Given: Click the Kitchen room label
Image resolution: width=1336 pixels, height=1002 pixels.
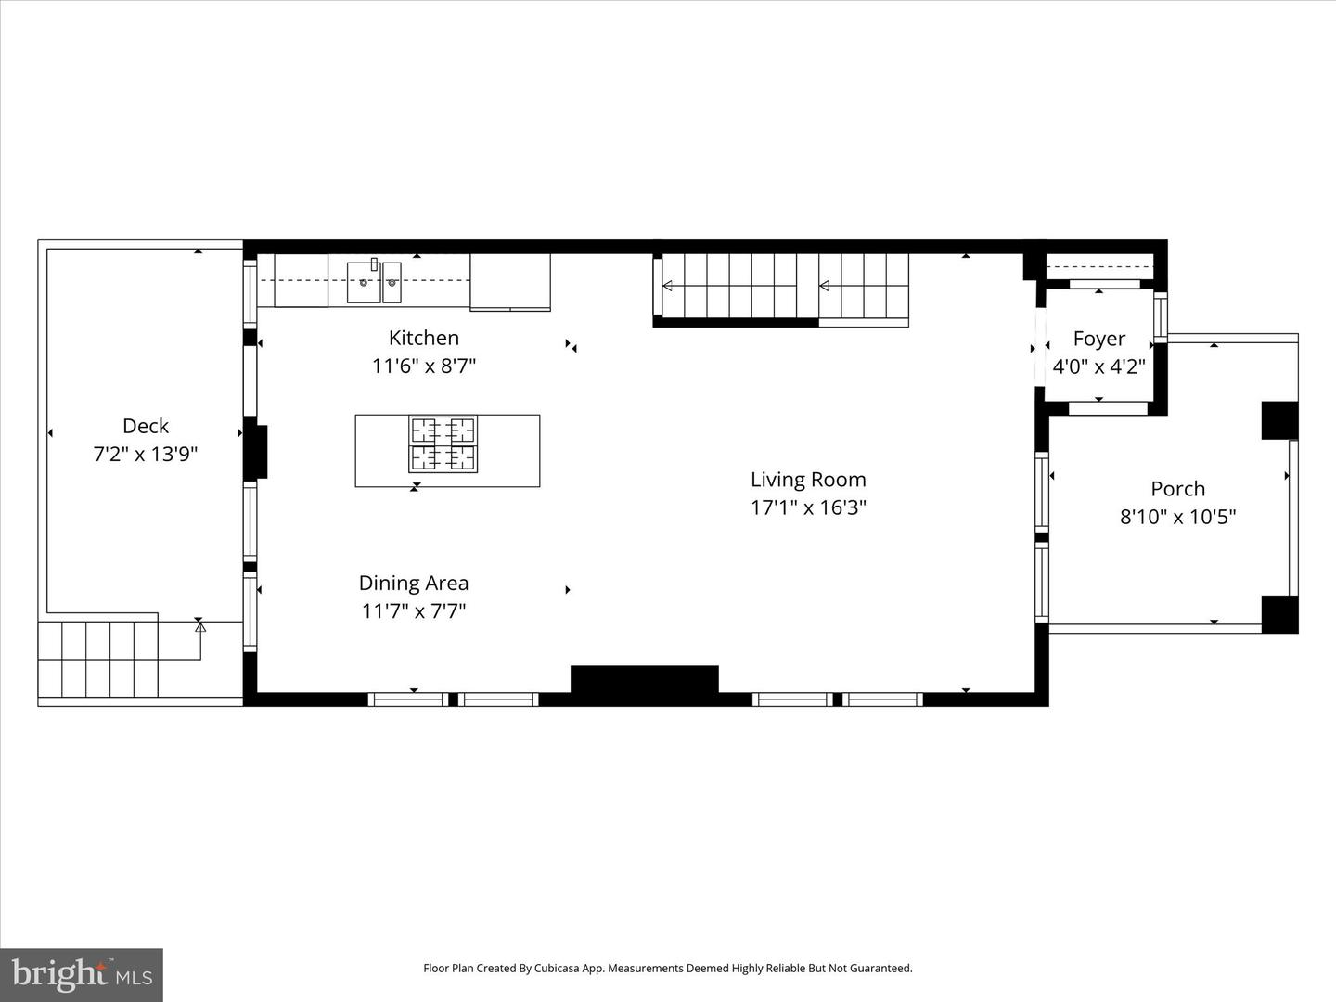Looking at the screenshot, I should click(423, 338).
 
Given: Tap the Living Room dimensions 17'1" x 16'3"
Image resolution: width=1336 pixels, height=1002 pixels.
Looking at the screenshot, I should click(808, 507).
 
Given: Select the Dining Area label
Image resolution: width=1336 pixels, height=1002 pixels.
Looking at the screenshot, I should click(414, 583).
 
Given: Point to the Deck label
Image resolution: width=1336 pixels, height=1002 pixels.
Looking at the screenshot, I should click(146, 426).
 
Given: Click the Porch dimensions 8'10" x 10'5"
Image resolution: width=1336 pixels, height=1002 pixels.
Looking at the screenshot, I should click(1177, 517).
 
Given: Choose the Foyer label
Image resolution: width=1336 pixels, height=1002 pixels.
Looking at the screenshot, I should click(1098, 339).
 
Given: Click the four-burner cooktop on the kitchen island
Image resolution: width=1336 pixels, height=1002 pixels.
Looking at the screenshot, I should click(443, 444).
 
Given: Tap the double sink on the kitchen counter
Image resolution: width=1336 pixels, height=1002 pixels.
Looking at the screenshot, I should click(374, 281).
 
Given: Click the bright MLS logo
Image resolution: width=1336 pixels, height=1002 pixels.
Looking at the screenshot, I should click(82, 974).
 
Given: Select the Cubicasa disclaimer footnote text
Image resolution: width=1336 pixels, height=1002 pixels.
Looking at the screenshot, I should click(667, 968).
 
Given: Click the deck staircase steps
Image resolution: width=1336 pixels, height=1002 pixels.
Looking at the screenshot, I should click(97, 659).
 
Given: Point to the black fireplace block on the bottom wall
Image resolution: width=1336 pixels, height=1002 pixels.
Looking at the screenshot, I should click(644, 679).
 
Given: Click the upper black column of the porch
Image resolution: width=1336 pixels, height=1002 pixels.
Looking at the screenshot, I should click(1278, 419).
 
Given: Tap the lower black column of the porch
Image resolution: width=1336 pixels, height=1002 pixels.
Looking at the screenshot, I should click(1278, 614).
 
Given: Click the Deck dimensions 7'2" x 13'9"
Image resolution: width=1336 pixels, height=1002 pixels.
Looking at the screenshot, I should click(146, 455).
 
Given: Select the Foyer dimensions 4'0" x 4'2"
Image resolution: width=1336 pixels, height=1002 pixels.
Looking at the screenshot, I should click(1098, 366).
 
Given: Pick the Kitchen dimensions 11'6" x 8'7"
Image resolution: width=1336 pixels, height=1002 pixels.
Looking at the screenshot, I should click(423, 366).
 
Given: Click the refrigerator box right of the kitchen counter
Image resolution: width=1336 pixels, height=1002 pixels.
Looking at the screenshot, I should click(509, 281).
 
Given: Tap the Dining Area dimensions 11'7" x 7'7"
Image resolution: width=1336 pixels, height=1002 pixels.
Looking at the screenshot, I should click(414, 611).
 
